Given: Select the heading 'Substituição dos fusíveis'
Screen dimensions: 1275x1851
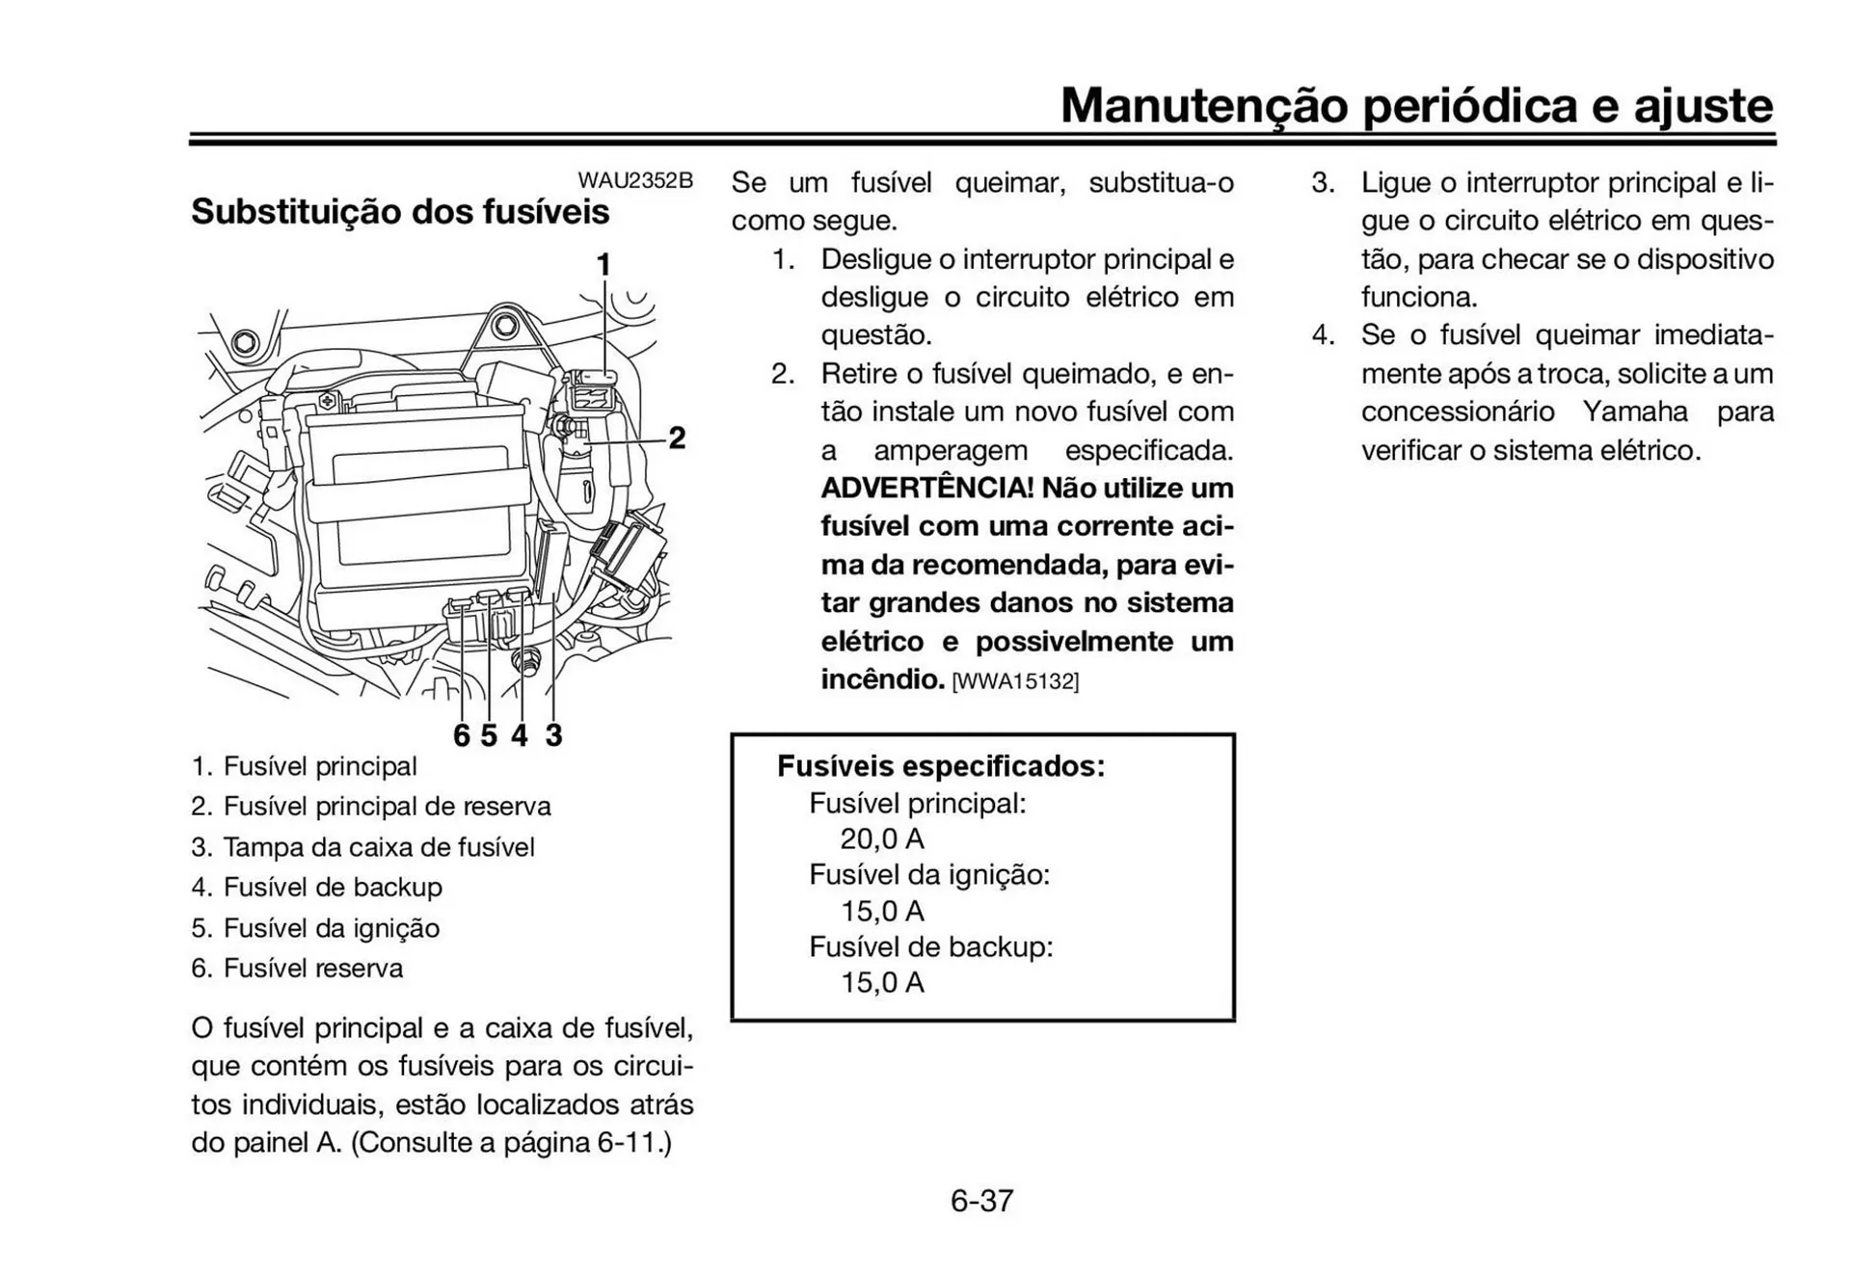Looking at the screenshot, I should pos(400,211).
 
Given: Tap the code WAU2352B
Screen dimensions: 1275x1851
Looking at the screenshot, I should pos(635,180).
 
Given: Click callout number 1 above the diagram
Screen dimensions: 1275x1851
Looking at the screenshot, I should pos(604,264).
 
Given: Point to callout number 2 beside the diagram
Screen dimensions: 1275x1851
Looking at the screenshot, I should pos(677,438).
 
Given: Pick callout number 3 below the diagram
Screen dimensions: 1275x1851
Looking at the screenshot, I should pos(553,735).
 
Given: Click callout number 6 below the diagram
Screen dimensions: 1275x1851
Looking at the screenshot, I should pos(462,735).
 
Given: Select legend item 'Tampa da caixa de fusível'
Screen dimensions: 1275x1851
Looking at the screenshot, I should pos(378,847).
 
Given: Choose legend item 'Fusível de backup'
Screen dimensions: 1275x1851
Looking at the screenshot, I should pos(333,887).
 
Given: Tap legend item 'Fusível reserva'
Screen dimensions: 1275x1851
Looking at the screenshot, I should pos(313,968).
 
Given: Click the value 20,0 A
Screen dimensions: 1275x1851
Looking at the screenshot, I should pos(882,838).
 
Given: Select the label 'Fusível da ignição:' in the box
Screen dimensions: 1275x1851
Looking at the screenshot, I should pos(929,875).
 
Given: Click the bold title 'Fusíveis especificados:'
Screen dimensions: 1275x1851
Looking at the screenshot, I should pos(941,766).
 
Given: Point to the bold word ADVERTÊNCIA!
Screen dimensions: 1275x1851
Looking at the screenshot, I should pos(926,488).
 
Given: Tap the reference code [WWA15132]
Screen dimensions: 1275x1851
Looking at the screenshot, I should pos(1015,681).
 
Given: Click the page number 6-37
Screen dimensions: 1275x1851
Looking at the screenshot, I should pos(981,1201).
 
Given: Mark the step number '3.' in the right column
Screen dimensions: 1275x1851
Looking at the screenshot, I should pos(1323,182).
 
